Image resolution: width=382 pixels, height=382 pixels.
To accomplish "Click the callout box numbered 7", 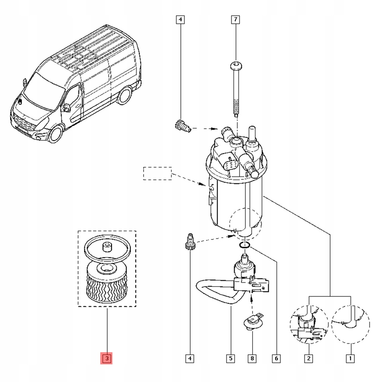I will coord(235,19).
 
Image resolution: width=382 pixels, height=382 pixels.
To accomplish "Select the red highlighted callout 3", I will coord(107,358).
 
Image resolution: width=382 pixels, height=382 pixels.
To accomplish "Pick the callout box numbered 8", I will coord(252,358).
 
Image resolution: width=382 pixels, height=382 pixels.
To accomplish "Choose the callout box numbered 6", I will coord(276,358).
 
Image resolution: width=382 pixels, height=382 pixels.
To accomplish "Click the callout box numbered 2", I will coord(309,358).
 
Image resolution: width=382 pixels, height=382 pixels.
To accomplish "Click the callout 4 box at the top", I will coord(180,19).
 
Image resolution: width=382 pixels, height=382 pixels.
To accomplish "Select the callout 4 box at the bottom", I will coord(190,358).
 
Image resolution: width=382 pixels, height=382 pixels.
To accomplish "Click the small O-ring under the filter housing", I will coord(244,245).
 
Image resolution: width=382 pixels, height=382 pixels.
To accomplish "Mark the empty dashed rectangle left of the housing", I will coord(157,173).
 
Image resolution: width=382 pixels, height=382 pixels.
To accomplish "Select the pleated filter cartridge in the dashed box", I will coord(106,284).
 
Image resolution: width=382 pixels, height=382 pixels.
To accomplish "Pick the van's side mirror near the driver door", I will coord(67,107).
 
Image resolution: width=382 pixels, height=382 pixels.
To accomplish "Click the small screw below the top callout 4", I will coord(182,126).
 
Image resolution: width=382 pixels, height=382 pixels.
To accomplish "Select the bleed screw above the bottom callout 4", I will coord(191,241).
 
